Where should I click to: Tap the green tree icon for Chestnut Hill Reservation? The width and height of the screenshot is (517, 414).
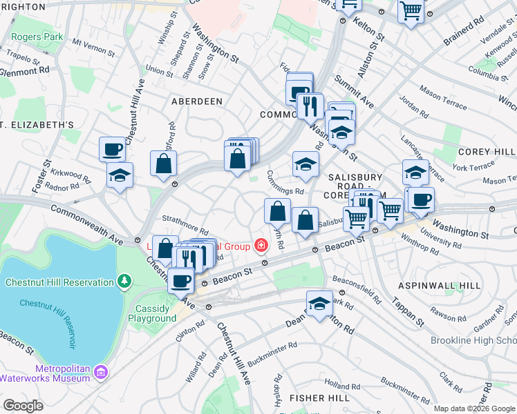pos(124,282)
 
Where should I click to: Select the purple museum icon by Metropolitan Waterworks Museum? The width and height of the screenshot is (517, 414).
pos(101,373)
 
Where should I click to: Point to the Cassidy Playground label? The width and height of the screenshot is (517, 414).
pos(152,313)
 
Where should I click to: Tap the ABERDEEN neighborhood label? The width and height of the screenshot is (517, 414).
pos(197,101)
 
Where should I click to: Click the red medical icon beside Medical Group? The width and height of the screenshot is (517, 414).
pos(261,245)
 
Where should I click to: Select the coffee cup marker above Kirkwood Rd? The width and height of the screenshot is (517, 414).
pos(112,148)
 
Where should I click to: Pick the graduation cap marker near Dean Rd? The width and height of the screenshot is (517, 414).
pos(319,304)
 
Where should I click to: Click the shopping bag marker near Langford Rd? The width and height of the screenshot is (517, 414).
pos(163,164)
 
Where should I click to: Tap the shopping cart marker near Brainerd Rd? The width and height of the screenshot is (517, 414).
pos(411,11)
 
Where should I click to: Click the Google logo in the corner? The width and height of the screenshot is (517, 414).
pos(23,406)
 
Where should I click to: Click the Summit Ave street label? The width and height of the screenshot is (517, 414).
pos(355,92)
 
